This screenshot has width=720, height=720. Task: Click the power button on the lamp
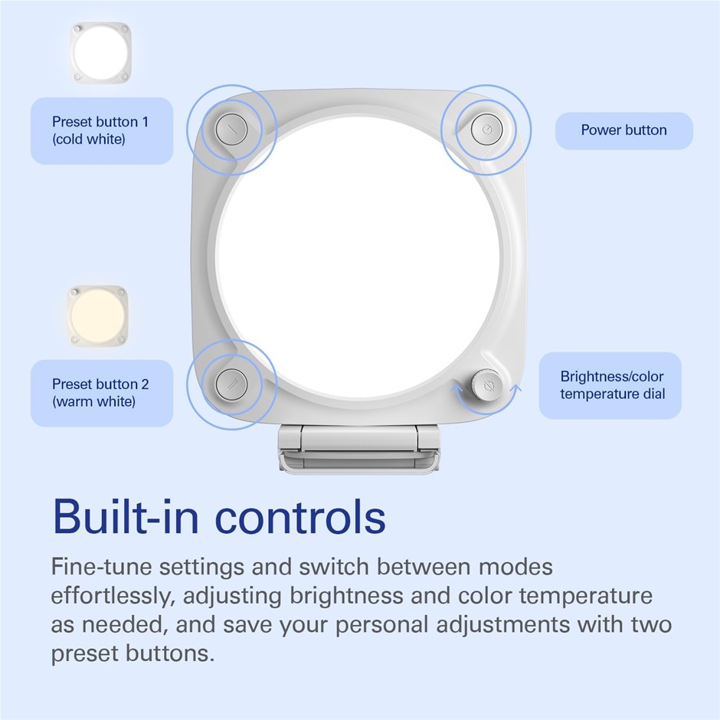point(486,130)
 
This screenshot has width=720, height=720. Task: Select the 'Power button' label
point(624,130)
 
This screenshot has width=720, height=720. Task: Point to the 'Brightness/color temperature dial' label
point(610,385)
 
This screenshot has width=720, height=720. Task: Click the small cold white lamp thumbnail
point(100,53)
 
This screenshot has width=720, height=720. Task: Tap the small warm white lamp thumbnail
point(97,316)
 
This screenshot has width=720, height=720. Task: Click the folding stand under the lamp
point(358,449)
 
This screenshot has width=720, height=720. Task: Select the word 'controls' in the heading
point(300,517)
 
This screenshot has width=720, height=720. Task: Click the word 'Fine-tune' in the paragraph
point(101,567)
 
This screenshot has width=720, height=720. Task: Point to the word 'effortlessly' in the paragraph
point(113,596)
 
